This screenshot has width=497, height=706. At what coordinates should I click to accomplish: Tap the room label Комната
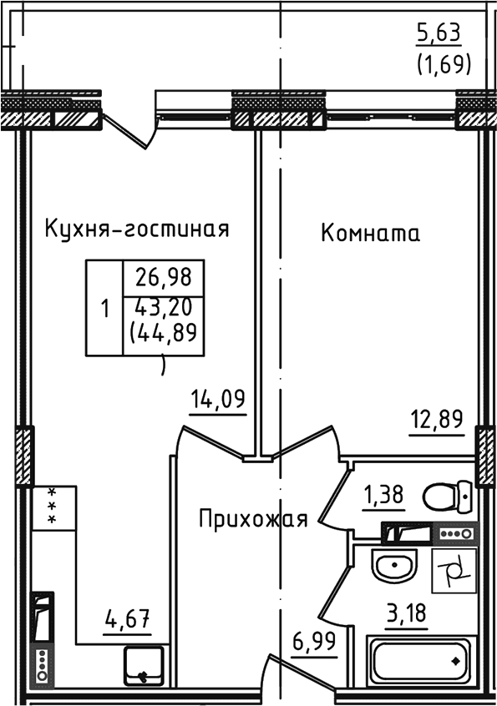370,234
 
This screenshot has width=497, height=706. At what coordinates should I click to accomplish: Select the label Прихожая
253,519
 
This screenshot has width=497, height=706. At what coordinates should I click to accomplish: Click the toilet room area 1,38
383,496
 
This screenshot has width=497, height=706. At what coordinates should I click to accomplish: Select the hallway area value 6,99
314,643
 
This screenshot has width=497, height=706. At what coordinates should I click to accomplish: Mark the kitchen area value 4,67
126,620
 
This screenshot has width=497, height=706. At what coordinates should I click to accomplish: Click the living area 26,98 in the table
163,276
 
